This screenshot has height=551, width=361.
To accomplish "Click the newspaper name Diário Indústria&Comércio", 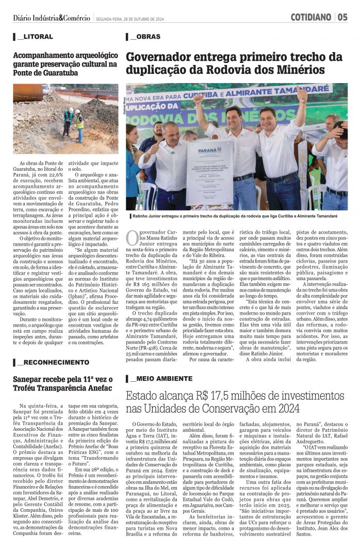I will click(x=52, y=18).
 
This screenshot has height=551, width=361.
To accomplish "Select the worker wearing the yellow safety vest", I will click(x=79, y=124).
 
